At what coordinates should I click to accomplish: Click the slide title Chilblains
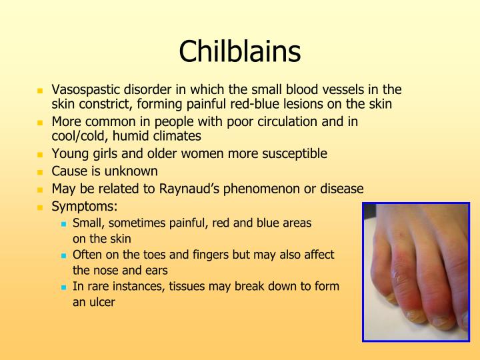(x=240, y=51)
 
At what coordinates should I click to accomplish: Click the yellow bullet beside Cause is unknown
(x=39, y=172)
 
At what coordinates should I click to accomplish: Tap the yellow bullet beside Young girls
(x=39, y=155)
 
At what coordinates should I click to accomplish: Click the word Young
(x=69, y=154)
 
